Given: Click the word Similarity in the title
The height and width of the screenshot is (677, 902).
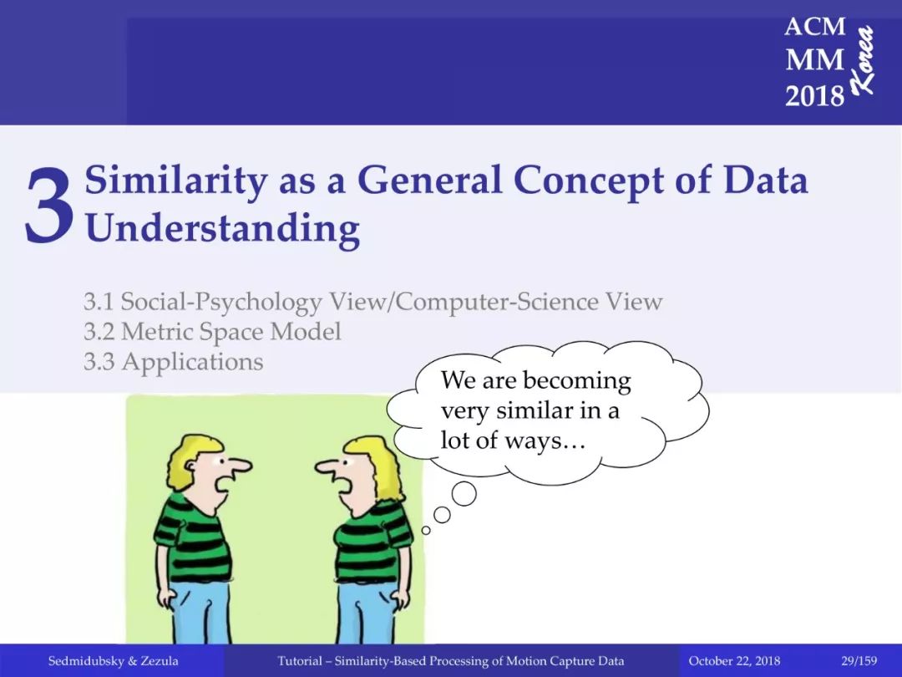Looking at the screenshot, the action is click(x=176, y=181).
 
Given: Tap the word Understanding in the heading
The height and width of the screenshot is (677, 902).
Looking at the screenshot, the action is click(x=223, y=229).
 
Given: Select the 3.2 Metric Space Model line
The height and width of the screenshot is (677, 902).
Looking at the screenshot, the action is click(x=212, y=332).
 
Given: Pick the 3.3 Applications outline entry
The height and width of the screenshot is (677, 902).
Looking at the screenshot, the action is click(x=173, y=362).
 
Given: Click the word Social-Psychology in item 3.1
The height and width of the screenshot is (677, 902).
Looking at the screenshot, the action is click(x=221, y=303).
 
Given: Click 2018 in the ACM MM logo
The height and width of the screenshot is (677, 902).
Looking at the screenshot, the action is click(x=814, y=95).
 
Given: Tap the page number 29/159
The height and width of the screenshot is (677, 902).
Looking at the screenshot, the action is click(x=859, y=660).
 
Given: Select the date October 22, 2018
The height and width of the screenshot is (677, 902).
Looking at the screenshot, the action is click(x=734, y=661).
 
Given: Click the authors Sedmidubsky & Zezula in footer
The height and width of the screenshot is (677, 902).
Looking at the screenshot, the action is click(x=114, y=661).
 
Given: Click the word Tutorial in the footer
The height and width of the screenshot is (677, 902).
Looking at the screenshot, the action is click(x=300, y=661).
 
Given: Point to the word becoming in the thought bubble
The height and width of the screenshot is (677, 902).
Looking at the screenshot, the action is click(x=577, y=381).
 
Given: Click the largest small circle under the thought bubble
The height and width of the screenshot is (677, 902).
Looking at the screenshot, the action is click(x=464, y=494).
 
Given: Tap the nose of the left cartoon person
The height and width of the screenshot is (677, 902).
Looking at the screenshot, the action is click(x=240, y=465).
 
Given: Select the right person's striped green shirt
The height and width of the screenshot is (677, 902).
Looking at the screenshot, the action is click(x=372, y=541).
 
